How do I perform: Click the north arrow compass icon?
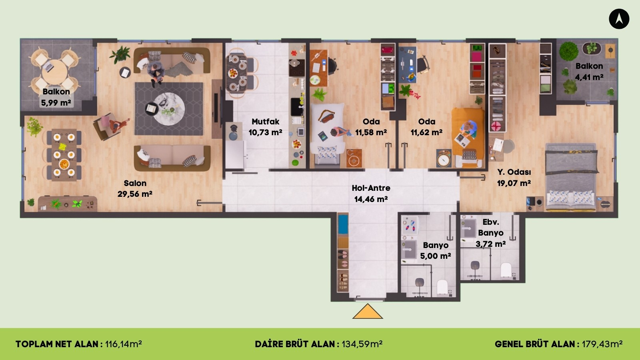(x=619, y=19)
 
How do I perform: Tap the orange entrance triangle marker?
(x=368, y=311)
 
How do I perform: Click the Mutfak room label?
(x=266, y=122)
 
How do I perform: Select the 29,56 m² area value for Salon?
(x=135, y=194)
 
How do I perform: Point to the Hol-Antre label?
(x=371, y=188)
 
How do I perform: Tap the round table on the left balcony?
(x=54, y=72)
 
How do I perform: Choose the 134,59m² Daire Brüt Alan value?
(x=362, y=344)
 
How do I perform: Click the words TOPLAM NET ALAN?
(x=57, y=344)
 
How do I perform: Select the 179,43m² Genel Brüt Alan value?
(x=602, y=344)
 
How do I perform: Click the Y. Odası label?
(x=514, y=172)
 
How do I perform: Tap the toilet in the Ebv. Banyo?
(x=506, y=270)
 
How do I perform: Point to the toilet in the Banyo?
(x=442, y=287)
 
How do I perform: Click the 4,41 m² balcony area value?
(x=589, y=77)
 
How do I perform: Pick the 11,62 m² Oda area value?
(x=426, y=132)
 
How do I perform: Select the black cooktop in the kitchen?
(x=296, y=68)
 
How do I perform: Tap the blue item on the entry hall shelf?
(x=343, y=224)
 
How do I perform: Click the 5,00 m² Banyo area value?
(x=436, y=256)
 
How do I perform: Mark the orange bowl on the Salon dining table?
(x=64, y=164)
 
